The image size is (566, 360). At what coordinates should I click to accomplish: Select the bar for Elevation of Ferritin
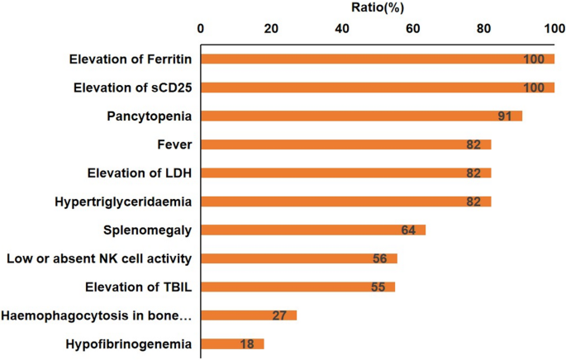pyautogui.click(x=378, y=59)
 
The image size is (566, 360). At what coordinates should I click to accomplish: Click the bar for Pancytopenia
pyautogui.click(x=362, y=116)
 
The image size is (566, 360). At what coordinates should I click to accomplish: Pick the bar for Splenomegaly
pyautogui.click(x=313, y=230)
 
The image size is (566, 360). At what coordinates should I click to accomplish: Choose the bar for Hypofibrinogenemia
pyautogui.click(x=232, y=343)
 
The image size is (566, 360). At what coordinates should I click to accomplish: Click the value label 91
pyautogui.click(x=506, y=116)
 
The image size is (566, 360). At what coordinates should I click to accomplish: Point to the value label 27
pyautogui.click(x=280, y=315)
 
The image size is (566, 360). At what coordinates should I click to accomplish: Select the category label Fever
pyautogui.click(x=174, y=144)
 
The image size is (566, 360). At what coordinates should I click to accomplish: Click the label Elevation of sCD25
pyautogui.click(x=132, y=88)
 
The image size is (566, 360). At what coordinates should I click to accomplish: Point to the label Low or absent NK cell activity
pyautogui.click(x=99, y=258)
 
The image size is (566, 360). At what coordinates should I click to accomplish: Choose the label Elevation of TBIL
pyautogui.click(x=139, y=287)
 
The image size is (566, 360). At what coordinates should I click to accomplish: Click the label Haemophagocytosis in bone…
pyautogui.click(x=98, y=315)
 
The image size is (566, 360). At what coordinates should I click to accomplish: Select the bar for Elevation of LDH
pyautogui.click(x=346, y=173)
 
